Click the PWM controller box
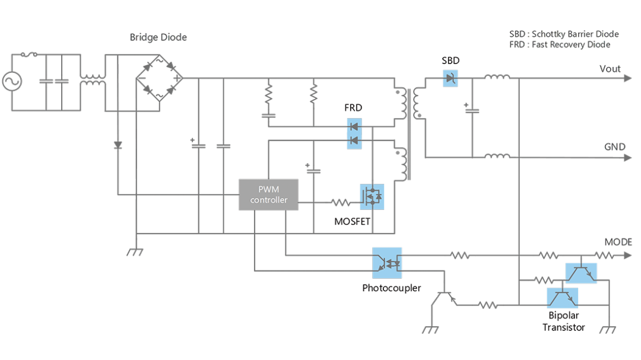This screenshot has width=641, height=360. (x=268, y=195)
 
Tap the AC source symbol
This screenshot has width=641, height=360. (x=12, y=81)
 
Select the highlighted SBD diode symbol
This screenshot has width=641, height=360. (x=450, y=78)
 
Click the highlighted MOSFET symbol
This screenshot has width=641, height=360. (x=372, y=197)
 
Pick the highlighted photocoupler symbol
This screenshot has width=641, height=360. (x=387, y=263)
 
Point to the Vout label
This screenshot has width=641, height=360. (x=610, y=69)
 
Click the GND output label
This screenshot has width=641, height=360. (x=615, y=146)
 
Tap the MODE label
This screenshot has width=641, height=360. (x=618, y=242)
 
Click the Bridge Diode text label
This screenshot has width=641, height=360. (x=158, y=37)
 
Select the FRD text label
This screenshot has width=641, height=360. (x=353, y=107)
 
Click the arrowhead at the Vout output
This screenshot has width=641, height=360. (x=628, y=78)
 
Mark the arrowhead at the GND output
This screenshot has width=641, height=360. (x=628, y=158)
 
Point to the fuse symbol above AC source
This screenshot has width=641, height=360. (x=28, y=54)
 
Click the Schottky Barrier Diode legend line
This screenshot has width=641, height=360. (x=564, y=34)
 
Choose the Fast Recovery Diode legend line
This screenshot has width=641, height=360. (x=560, y=44)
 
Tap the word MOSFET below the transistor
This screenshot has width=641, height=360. (x=352, y=221)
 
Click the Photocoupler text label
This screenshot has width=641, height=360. (x=391, y=288)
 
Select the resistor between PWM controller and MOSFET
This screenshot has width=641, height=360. (x=341, y=202)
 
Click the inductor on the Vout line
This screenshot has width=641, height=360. (x=497, y=77)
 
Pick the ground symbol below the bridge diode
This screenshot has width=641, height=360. (x=135, y=252)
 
